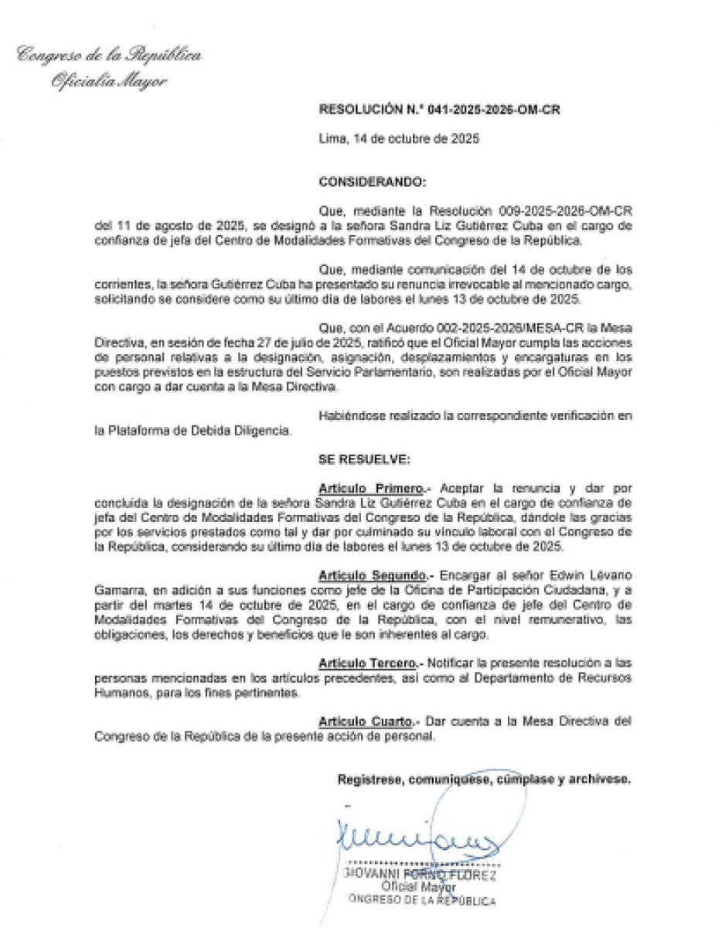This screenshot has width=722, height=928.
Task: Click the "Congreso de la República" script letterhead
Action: pyautogui.click(x=109, y=56)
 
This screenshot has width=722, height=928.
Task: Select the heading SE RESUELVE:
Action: pyautogui.click(x=363, y=459)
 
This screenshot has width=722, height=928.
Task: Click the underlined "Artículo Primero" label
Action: pyautogui.click(x=370, y=489)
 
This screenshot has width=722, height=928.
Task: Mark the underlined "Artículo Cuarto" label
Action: pyautogui.click(x=366, y=722)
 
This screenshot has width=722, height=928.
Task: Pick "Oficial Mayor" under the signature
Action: pyautogui.click(x=419, y=888)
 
